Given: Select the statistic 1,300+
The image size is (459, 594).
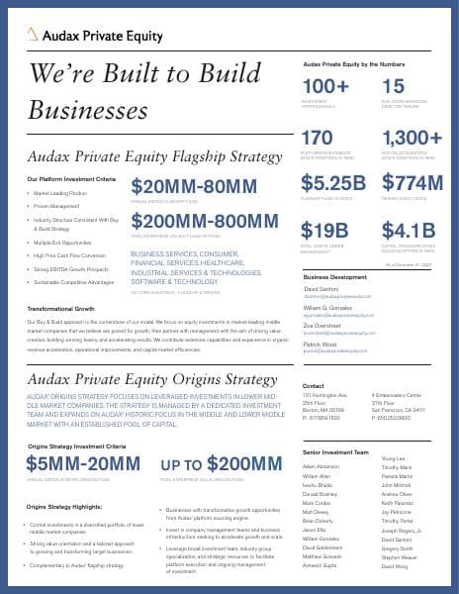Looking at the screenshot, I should [x=412, y=137].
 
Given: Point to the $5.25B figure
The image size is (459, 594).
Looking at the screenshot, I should [x=332, y=183].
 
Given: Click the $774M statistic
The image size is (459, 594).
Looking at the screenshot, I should [x=413, y=183].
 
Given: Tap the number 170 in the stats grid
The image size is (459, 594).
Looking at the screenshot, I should [x=318, y=137].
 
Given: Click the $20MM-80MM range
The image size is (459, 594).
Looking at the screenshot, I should [x=194, y=187].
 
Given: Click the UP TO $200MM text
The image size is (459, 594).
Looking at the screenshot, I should [x=221, y=466].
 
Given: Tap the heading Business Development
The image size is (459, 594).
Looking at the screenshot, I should [x=335, y=278].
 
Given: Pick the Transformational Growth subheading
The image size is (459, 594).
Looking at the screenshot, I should [x=60, y=310].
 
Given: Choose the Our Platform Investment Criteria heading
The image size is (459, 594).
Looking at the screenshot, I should [x=71, y=178].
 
